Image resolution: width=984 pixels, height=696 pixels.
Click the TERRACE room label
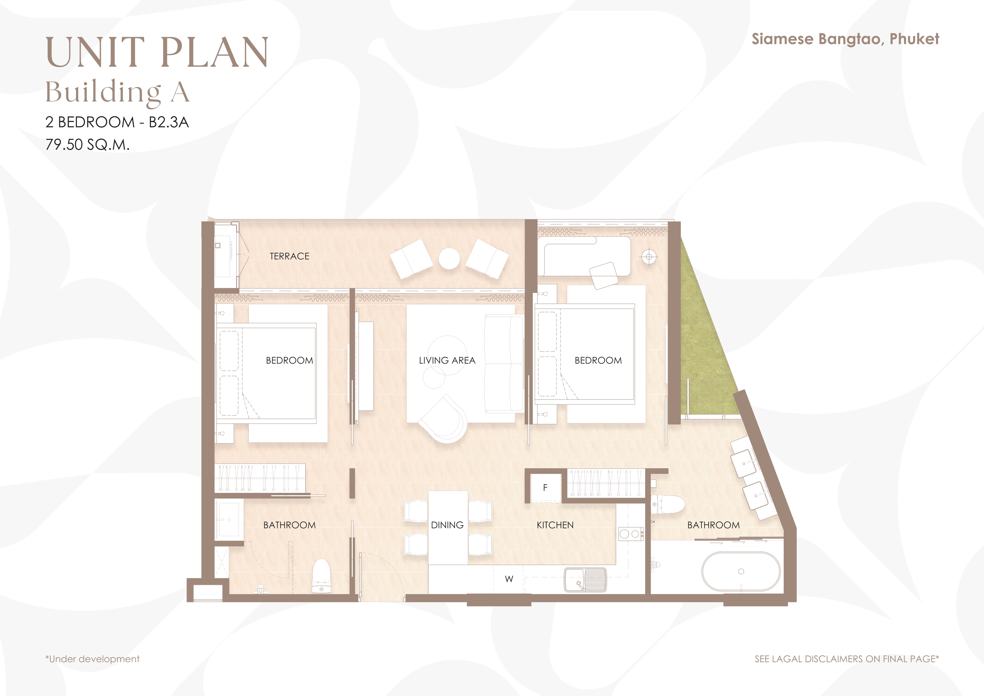[x=289, y=256]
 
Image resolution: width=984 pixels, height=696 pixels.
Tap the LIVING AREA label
[x=447, y=360]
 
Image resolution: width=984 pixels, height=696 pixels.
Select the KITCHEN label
[x=555, y=525]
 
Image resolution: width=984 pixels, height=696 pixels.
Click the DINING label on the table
[x=447, y=525]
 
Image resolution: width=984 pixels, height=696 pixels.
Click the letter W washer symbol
[x=509, y=579]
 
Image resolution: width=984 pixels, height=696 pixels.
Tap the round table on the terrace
[x=449, y=259]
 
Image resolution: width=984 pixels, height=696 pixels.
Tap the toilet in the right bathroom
[x=668, y=504]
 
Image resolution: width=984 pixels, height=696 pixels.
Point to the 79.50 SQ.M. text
[x=88, y=144]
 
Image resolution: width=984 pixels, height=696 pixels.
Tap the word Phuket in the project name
[x=914, y=39]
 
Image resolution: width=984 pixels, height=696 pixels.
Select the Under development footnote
[x=93, y=659]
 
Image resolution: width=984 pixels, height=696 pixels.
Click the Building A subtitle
[x=118, y=92]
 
